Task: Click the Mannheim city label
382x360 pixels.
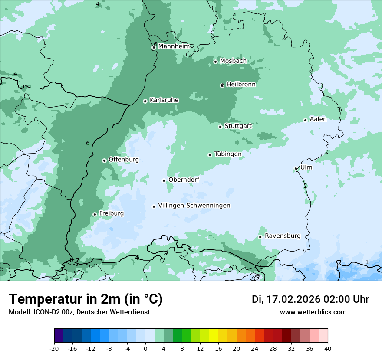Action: (x=174, y=46)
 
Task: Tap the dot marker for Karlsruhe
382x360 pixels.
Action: (x=145, y=101)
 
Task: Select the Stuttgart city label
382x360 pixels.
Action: (x=238, y=126)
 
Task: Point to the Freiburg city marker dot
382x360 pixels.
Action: (x=95, y=214)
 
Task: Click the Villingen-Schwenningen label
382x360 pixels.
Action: (x=194, y=206)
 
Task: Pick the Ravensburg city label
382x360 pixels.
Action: (x=283, y=236)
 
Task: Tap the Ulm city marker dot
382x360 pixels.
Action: (x=296, y=168)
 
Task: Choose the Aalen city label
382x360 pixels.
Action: (x=318, y=119)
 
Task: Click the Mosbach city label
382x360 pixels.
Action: (x=233, y=61)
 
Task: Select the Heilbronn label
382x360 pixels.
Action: (x=241, y=85)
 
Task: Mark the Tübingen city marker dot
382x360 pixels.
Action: (x=210, y=155)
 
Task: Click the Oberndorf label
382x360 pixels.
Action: (x=184, y=180)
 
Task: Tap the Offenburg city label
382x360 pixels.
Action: (x=124, y=160)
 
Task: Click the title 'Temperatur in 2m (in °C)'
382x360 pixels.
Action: (x=86, y=299)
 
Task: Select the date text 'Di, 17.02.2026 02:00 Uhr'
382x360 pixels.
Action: (x=310, y=299)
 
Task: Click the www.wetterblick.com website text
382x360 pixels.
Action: (x=313, y=312)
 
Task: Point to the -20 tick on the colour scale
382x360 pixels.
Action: (x=54, y=348)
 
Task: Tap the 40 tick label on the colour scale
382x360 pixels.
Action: (x=327, y=348)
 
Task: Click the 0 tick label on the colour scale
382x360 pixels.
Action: (x=145, y=348)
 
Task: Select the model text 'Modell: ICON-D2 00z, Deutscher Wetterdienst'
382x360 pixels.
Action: (x=79, y=312)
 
